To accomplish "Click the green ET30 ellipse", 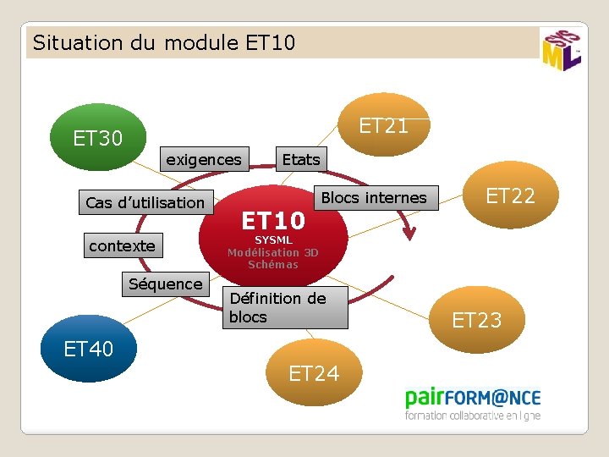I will point(97,137).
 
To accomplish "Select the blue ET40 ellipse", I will point(89,348).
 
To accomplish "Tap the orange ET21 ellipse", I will point(383,126).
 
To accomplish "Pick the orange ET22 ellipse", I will point(510,195).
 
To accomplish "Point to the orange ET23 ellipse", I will point(477,319).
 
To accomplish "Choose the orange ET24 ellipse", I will point(314,373).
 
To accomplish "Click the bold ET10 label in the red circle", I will point(272,221).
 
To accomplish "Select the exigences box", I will point(203,159).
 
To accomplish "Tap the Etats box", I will point(301,159).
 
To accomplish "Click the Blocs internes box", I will point(375,198).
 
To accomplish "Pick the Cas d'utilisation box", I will point(145,202).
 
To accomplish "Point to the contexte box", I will point(123,245).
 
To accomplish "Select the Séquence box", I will point(165,284).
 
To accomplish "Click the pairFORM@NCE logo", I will point(472,403).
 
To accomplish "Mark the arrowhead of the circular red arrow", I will point(412,228).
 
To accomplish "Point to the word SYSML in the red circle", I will point(273,240).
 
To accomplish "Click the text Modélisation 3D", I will point(272,252).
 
